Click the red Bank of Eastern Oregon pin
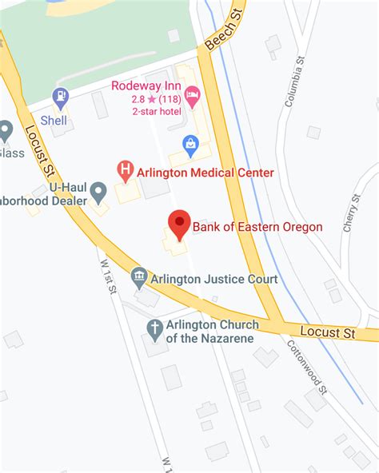pyautogui.click(x=178, y=223)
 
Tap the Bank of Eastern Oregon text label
pyautogui.click(x=257, y=228)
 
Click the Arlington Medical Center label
pyautogui.click(x=205, y=173)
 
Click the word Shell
pyautogui.click(x=54, y=120)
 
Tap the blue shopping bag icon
pyautogui.click(x=190, y=144)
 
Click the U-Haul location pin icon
pyautogui.click(x=98, y=192)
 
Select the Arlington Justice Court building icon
pyautogui.click(x=139, y=278)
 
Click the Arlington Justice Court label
pyautogui.click(x=215, y=280)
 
